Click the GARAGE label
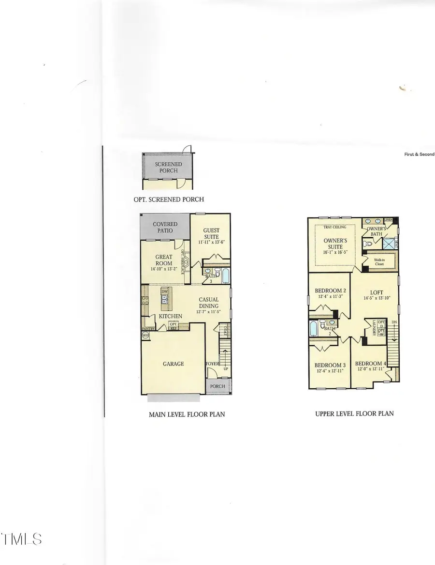point(173,364)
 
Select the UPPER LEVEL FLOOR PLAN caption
point(354,413)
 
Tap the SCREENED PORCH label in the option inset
point(166,168)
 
